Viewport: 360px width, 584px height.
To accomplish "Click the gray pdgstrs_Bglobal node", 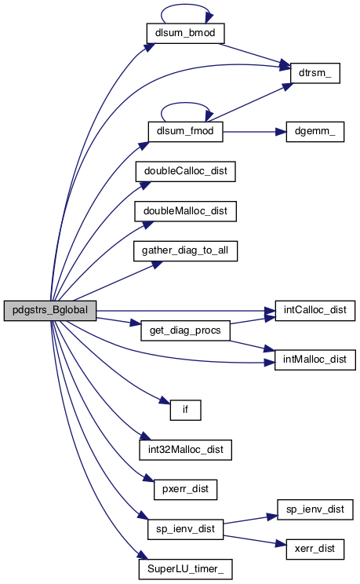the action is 50,310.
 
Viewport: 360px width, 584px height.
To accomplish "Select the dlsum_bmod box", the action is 185,33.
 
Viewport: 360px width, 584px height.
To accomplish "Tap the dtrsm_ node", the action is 315,73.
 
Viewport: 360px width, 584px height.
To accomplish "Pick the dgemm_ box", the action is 315,131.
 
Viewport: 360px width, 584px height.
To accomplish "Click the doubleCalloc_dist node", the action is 185,171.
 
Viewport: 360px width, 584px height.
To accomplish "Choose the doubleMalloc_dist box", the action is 185,211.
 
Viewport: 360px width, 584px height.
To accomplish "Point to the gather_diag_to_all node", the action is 185,251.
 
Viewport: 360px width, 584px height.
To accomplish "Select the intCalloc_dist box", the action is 315,311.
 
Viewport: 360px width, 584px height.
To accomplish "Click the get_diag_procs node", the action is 185,330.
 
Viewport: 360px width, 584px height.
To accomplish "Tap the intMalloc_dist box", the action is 315,360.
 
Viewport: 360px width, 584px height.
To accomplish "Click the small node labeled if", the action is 185,410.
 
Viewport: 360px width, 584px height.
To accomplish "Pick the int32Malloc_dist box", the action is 185,450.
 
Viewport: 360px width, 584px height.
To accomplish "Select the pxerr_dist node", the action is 185,490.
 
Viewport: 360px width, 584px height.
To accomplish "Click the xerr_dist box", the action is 315,549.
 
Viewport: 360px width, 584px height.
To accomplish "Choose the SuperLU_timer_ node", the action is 185,569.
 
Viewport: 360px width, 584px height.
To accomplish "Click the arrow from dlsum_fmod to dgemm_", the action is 255,131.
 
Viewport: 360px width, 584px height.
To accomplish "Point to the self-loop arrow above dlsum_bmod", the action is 186,5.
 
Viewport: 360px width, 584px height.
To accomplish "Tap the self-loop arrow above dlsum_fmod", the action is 185,103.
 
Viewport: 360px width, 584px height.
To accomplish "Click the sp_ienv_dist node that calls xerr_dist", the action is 185,529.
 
